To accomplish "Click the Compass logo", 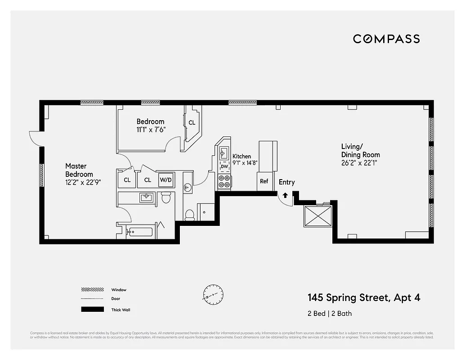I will coord(386,39).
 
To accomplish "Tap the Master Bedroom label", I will coord(79,170).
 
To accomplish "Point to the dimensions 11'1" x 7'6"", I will coord(151,130).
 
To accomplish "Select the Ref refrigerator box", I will coord(264,181).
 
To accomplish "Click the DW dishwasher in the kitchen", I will coord(224,166).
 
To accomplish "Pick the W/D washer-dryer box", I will coord(166,180).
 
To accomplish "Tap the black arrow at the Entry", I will coord(285,195).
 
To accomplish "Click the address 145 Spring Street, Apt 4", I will coord(364,297).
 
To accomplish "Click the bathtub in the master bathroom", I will coord(140,232).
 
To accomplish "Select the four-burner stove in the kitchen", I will coord(224,181).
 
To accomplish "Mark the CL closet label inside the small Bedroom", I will coord(192,122).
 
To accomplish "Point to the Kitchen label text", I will coord(241,156).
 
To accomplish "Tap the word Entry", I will coord(286,182).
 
